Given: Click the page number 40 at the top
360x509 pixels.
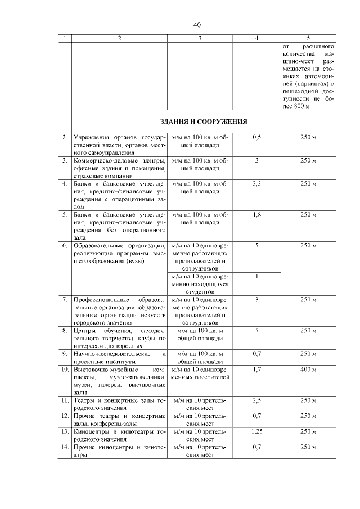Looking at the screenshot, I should pyautogui.click(x=197, y=25).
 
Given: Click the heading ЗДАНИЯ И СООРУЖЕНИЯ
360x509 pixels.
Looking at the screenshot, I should pyautogui.click(x=204, y=121).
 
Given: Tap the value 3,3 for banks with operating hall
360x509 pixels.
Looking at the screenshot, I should pyautogui.click(x=256, y=184).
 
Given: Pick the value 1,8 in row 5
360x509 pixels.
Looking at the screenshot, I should pyautogui.click(x=256, y=215).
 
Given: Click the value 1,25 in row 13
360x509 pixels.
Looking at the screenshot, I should pyautogui.click(x=256, y=431).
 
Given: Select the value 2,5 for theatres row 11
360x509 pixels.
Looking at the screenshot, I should pyautogui.click(x=256, y=400).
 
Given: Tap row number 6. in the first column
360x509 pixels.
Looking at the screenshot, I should pyautogui.click(x=65, y=246).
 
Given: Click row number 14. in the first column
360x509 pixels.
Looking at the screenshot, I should pyautogui.click(x=65, y=447).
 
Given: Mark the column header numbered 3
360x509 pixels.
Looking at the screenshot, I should pyautogui.click(x=200, y=39).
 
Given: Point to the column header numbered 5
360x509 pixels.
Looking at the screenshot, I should pyautogui.click(x=308, y=39).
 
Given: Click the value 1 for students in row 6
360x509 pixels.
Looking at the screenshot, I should pyautogui.click(x=256, y=277).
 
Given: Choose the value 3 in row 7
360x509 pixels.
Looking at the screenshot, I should pyautogui.click(x=256, y=300).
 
